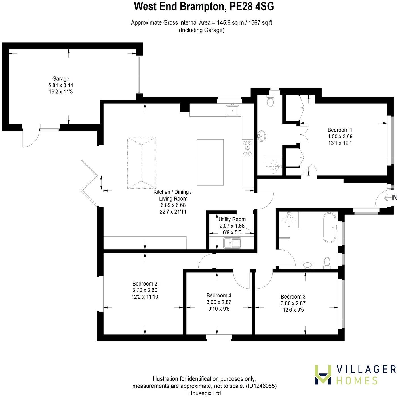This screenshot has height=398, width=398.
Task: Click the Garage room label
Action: coord(61,79)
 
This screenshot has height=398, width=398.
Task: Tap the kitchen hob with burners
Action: coord(247,148)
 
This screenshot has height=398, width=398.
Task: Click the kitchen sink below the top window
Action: coord(233,110)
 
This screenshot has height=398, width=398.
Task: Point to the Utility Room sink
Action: coord(232,243)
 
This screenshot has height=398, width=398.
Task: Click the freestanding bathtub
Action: coord(329,228)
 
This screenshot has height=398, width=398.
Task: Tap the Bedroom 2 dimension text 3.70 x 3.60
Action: coord(145,290)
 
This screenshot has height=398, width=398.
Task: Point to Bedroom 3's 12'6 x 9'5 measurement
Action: coord(293,310)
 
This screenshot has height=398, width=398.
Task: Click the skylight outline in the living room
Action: coord(142,163)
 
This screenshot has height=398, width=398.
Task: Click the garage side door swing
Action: coord(30,138)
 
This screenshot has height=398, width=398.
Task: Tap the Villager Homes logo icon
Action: coord(323,374)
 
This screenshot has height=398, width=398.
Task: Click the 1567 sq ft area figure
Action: coord(260,23)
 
